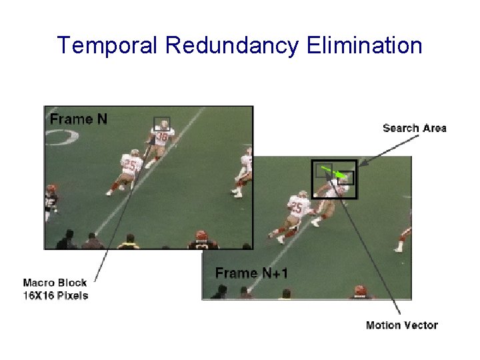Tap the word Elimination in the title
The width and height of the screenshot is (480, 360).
(x=365, y=45)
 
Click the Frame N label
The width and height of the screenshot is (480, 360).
(x=78, y=119)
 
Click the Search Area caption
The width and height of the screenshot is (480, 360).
(x=414, y=128)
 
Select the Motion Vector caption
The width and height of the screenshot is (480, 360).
(x=401, y=325)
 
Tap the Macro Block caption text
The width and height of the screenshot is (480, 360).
(x=55, y=289)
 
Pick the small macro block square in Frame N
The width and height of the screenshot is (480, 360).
(x=162, y=124)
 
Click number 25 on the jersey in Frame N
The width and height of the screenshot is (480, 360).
(x=130, y=164)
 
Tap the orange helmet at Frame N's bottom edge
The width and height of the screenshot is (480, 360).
(x=201, y=236)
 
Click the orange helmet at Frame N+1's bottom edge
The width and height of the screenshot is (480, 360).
(x=360, y=291)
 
